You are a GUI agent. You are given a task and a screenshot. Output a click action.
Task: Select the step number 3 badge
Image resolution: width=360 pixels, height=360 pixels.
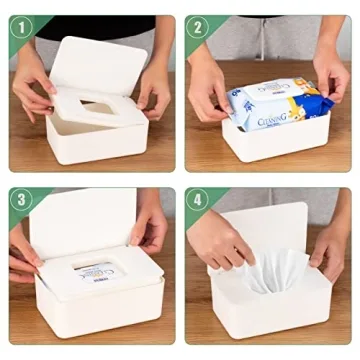pyautogui.click(x=17, y=198)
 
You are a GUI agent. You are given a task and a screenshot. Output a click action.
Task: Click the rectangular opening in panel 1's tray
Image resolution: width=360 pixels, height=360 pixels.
pyautogui.click(x=97, y=105)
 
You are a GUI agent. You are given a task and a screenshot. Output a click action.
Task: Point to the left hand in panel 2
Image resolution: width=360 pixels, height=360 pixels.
pyautogui.click(x=205, y=95)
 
